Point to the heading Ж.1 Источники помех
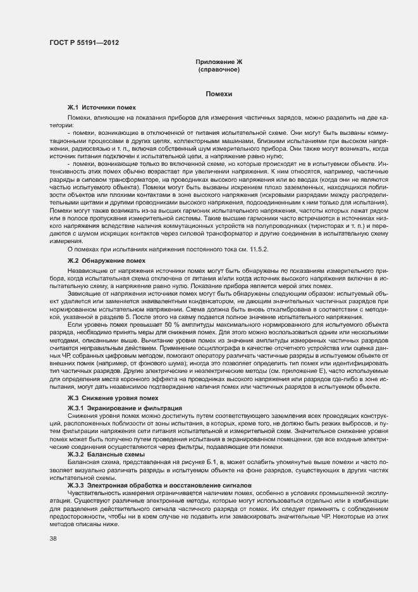tap(102, 109)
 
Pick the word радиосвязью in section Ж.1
tap(88, 147)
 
